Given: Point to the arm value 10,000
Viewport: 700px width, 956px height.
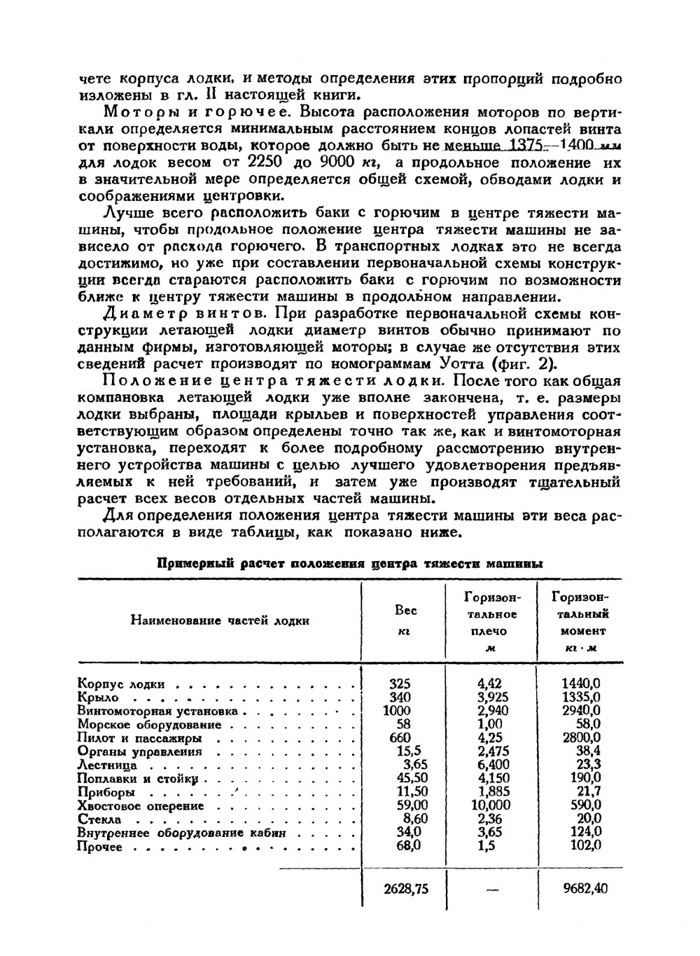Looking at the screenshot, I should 493,805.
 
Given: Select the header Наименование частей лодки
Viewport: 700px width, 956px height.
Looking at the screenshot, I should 220,621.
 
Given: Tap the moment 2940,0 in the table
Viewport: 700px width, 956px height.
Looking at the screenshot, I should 581,710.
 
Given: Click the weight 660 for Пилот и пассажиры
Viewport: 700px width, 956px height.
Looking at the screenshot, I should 399,737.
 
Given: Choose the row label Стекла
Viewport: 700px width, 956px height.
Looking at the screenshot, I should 99,819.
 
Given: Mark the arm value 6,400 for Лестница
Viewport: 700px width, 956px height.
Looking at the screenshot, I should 493,765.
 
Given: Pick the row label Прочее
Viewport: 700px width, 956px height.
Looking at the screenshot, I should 100,847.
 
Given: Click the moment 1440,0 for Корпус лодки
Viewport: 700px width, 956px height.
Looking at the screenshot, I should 581,684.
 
